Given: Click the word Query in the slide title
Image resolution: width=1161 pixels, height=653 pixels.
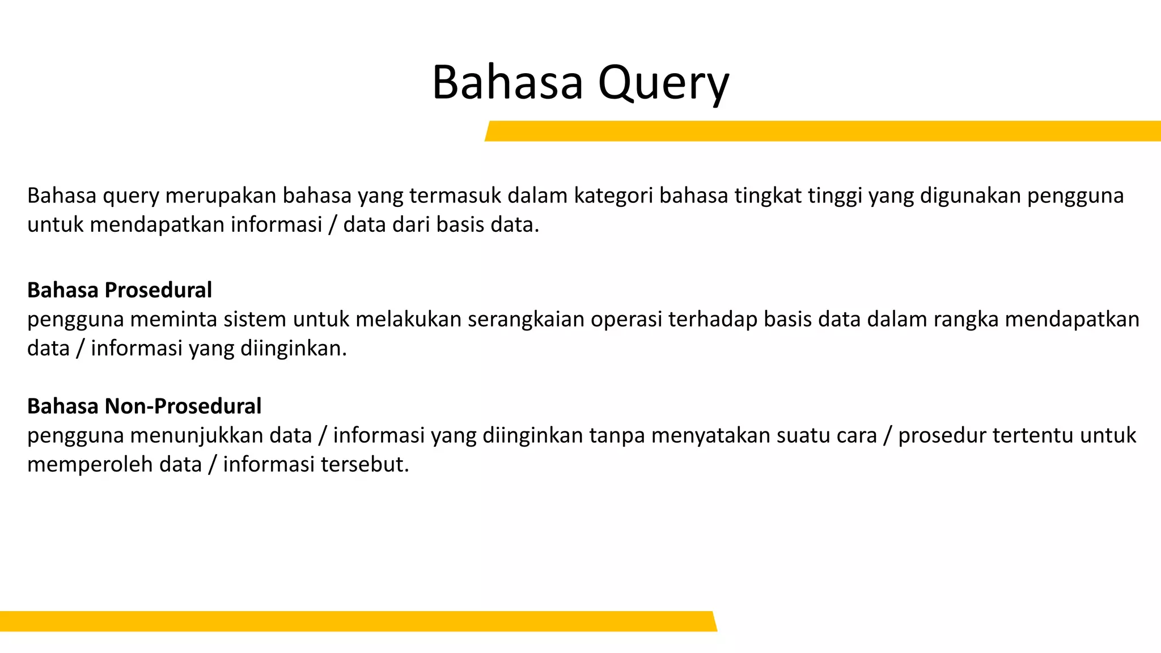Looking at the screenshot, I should (663, 83).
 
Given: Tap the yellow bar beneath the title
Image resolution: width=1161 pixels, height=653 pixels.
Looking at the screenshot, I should (822, 131).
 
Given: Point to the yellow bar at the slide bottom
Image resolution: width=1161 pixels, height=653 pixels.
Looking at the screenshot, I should (357, 621).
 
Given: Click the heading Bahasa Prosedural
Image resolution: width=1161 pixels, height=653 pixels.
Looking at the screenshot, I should (120, 290).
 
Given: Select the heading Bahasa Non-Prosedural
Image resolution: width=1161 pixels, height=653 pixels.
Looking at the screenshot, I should (144, 406).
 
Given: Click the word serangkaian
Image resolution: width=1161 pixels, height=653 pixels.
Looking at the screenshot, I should (526, 319).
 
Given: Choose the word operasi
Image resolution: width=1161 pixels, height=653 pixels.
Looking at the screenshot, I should (626, 319).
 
